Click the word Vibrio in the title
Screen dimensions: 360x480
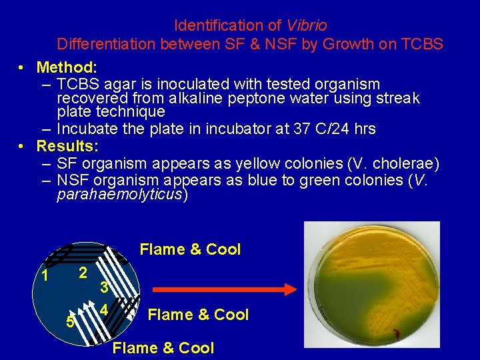click(x=307, y=26)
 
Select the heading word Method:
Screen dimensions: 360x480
click(x=67, y=67)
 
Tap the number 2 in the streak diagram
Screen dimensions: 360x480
click(x=82, y=273)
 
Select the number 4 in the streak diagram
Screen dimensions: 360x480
click(x=105, y=310)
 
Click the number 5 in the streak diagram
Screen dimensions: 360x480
click(x=69, y=322)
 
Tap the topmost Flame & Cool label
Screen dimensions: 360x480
click(x=190, y=249)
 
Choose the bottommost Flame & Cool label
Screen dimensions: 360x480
click(x=163, y=348)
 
